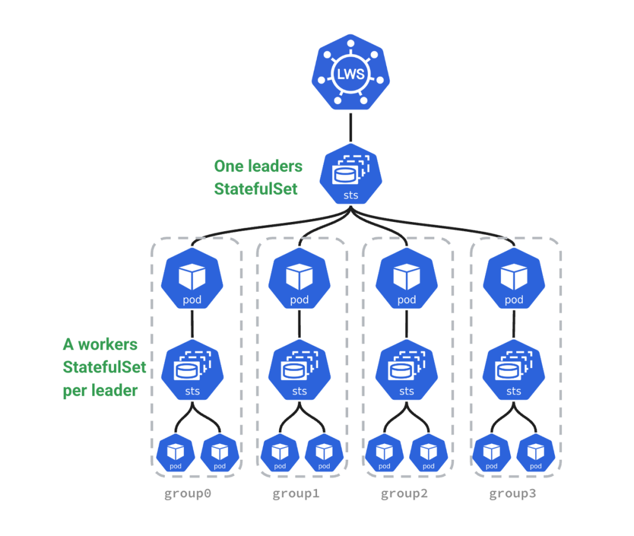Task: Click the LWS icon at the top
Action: [x=350, y=75]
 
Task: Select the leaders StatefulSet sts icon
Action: [x=350, y=175]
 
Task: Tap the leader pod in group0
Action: [x=192, y=280]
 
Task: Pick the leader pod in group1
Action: [x=299, y=280]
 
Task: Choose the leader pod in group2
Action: [x=406, y=280]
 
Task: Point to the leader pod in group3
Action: [x=514, y=280]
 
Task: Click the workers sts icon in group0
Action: [x=192, y=372]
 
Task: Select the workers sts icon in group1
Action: [x=299, y=372]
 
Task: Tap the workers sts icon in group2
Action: [x=406, y=372]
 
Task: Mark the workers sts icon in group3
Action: [x=514, y=372]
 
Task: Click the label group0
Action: [x=187, y=494]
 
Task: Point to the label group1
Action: [x=296, y=494]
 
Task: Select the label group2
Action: [x=404, y=494]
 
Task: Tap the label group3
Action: [x=512, y=494]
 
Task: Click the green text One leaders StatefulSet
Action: [x=258, y=177]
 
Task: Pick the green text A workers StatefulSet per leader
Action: [x=104, y=368]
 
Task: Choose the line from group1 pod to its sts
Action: [x=299, y=326]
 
